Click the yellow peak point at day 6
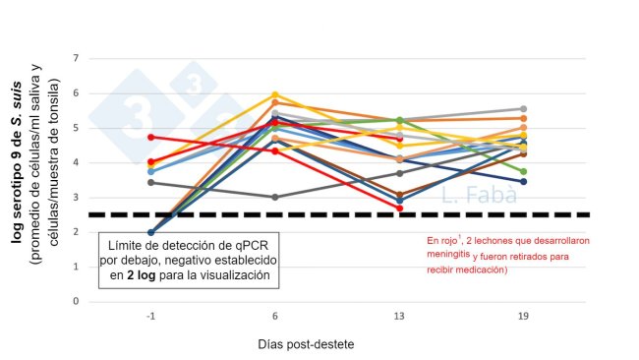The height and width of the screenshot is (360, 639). (x=275, y=95)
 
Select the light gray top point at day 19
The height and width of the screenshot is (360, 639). (x=524, y=109)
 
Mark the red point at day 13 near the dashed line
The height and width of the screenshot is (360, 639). (x=399, y=209)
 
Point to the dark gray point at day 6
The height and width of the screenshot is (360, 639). (x=275, y=197)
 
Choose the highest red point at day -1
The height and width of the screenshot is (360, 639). (x=150, y=137)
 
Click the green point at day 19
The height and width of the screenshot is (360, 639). (x=524, y=171)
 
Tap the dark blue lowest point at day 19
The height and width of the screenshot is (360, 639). (x=524, y=182)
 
